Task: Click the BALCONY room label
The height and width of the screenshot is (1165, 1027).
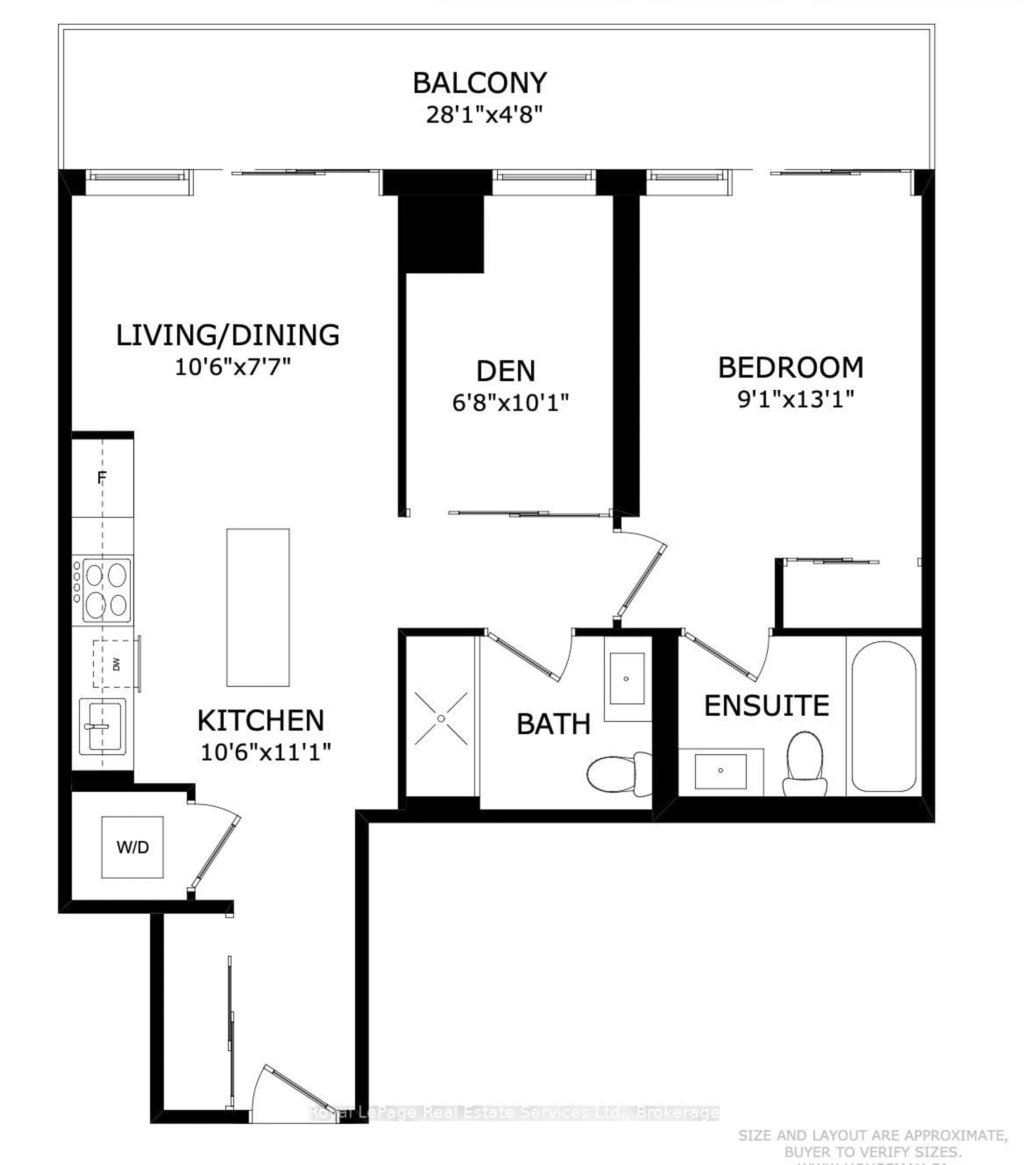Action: (480, 83)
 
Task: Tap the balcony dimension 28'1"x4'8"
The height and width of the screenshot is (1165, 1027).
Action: (484, 115)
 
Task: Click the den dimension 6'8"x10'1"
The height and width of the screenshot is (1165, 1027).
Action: (510, 403)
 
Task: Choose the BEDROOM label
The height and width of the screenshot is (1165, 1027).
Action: (790, 368)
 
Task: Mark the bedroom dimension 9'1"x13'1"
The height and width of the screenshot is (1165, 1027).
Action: (795, 399)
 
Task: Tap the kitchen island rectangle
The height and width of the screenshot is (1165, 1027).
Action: (258, 607)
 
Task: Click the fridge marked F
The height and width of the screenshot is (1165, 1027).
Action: (102, 478)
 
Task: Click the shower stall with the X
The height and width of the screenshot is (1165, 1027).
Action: (441, 718)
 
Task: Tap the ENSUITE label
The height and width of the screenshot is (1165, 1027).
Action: (767, 706)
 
